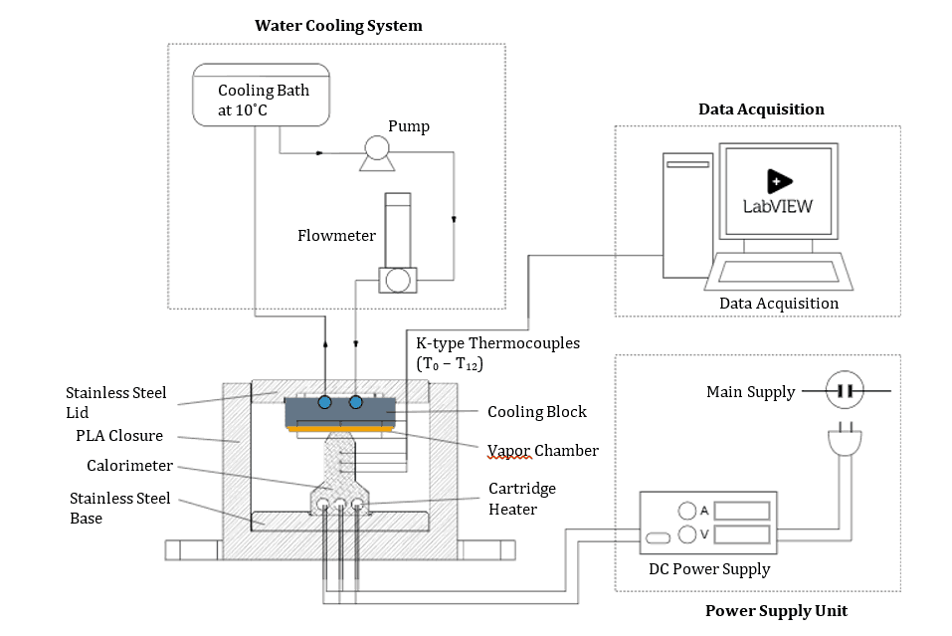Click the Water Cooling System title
(338, 26)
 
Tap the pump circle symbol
(377, 148)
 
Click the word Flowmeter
(336, 236)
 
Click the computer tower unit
(687, 215)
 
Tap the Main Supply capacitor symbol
(845, 391)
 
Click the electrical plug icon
(845, 442)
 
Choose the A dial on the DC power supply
(687, 511)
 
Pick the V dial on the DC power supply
(687, 534)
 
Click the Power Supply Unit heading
(776, 610)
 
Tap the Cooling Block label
(537, 412)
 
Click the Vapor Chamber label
(543, 451)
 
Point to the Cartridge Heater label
(522, 499)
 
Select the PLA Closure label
(120, 435)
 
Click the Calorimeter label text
(130, 465)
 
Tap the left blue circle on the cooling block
(324, 402)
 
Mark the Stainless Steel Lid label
(116, 402)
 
